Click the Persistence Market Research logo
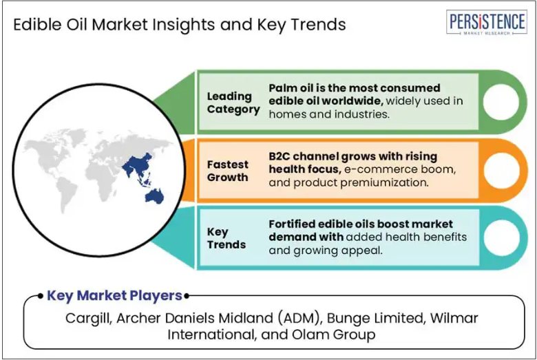click(x=486, y=22)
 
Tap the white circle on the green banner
click(x=501, y=102)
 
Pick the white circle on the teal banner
click(x=501, y=237)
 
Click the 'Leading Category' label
click(x=233, y=103)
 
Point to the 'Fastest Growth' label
click(x=227, y=171)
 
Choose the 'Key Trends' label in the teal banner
click(x=227, y=238)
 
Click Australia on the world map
click(x=154, y=196)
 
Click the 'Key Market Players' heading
click(x=114, y=295)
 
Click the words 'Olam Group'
click(x=334, y=335)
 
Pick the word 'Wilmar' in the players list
click(x=454, y=318)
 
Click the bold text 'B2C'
click(x=280, y=156)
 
